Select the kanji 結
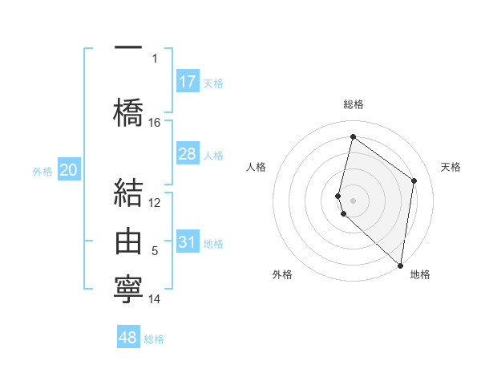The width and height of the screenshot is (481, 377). [129, 195]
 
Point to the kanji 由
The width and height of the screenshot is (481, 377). [129, 241]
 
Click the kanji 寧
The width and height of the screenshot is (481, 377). [129, 287]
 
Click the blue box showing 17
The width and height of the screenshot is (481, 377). [188, 82]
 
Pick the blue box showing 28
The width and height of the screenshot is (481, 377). [188, 154]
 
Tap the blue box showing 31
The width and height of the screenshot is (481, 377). [188, 242]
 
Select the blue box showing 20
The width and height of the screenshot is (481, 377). [69, 170]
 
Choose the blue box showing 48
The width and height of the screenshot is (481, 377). [128, 338]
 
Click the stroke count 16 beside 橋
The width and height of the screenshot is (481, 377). [155, 123]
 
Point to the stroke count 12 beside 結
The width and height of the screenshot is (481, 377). [155, 203]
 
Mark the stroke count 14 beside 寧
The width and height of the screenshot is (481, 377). [155, 299]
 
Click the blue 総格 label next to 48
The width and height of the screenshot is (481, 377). [154, 339]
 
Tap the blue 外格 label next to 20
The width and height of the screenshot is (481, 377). [42, 172]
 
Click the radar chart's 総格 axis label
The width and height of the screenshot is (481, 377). [353, 104]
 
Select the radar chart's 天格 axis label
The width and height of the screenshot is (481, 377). [451, 167]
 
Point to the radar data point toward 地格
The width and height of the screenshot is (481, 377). [400, 266]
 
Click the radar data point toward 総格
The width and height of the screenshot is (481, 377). [353, 136]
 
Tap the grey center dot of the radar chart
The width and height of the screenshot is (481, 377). [353, 200]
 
